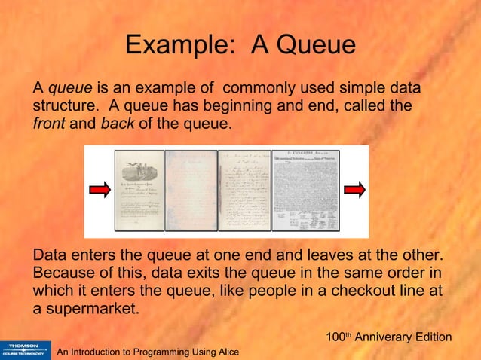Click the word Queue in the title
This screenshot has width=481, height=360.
[317, 46]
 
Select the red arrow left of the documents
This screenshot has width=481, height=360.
[100, 191]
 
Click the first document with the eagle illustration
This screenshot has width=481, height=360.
[139, 191]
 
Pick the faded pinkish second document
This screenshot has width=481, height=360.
[190, 191]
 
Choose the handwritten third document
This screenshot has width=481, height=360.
[243, 191]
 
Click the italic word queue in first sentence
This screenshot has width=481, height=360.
[70, 90]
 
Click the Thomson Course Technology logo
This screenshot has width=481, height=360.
[23, 347]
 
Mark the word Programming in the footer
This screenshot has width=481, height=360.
[161, 352]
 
